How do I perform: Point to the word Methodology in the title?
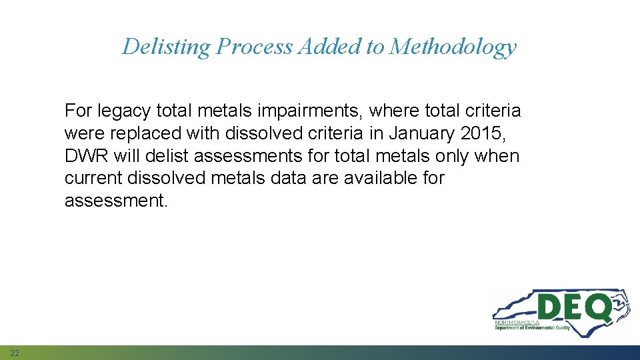click(453, 47)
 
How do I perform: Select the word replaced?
click(148, 133)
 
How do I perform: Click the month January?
click(421, 133)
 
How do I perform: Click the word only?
click(444, 155)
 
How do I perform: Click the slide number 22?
click(15, 352)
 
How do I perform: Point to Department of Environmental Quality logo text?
click(532, 328)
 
